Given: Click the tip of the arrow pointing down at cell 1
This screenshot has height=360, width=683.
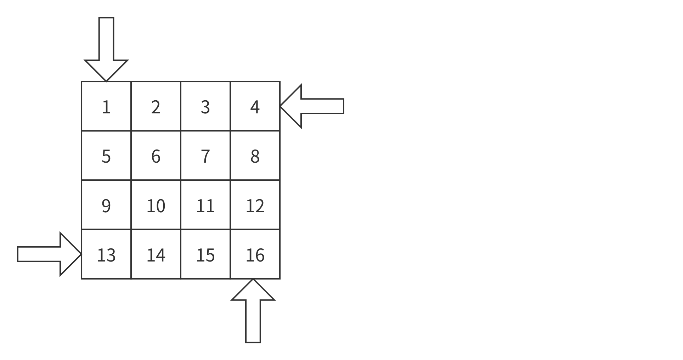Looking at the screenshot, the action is click(106, 81).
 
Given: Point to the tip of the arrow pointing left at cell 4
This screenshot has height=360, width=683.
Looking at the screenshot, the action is click(280, 106).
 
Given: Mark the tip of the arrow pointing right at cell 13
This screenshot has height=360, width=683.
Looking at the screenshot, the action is click(81, 254).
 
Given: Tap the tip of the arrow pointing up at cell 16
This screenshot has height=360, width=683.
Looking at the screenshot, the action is click(253, 279).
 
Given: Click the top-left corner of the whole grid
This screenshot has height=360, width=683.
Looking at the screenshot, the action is click(81, 81).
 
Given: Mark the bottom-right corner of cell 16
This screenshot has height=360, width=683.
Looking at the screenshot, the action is click(280, 279).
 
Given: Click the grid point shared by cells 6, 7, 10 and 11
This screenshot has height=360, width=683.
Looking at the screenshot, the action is click(181, 180).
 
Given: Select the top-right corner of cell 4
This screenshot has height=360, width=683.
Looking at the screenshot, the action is click(280, 81).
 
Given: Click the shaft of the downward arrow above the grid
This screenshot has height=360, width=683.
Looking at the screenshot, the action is click(106, 39).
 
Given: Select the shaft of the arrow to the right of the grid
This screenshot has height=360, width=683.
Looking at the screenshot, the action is click(322, 106).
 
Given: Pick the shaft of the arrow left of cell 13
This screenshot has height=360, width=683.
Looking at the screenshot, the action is click(39, 254).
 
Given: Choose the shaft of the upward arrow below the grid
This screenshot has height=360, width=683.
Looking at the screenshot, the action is click(253, 321).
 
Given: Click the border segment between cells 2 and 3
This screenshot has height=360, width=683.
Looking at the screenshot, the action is click(181, 106).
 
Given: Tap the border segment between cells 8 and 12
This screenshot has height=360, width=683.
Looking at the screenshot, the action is click(255, 180).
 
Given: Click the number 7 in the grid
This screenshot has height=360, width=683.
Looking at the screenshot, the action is click(205, 156).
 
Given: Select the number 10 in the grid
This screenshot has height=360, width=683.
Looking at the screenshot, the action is click(156, 206).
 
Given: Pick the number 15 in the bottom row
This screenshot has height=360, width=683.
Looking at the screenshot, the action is click(205, 255).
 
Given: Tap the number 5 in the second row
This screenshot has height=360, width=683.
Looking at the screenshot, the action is click(106, 156).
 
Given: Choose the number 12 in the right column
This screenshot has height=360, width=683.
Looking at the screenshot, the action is click(255, 206).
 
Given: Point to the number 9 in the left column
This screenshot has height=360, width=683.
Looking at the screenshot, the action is click(106, 206).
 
